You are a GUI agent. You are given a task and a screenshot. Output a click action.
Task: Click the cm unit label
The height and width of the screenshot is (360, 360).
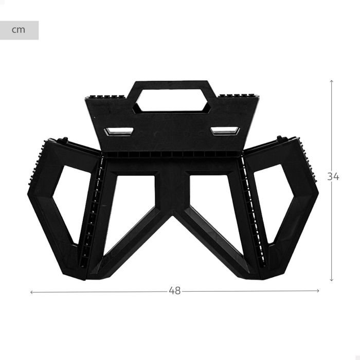(19, 30)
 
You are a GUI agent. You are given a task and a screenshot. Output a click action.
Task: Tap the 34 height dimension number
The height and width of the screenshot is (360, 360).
(333, 176)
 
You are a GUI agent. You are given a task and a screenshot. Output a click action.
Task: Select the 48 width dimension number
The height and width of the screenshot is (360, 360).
(175, 291)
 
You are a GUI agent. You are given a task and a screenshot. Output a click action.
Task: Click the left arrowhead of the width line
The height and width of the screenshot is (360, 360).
(32, 292)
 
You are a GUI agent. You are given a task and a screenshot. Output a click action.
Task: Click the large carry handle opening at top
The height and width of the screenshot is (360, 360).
(172, 101)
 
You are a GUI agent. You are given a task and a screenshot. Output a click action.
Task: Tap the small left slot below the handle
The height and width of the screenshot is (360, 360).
(118, 132)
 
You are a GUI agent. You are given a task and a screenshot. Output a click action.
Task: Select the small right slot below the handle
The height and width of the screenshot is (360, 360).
(225, 131)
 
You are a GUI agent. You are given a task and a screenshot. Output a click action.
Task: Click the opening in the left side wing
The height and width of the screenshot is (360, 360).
(71, 203)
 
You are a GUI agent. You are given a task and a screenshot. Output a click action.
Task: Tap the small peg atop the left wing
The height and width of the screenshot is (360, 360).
(65, 139)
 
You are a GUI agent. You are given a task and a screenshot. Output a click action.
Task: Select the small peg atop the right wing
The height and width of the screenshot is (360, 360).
(280, 138)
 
